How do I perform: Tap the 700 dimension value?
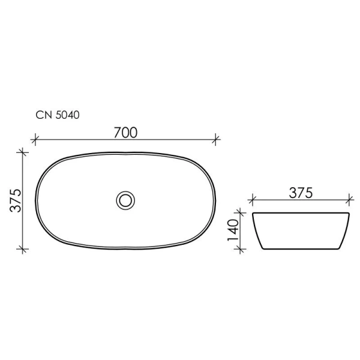pos(125,133)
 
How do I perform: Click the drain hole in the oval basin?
pos(125,199)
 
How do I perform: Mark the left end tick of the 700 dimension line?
pos(35,141)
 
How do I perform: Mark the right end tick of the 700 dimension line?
pos(217,141)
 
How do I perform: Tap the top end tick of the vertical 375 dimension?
pos(23,152)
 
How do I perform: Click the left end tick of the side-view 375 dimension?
pos(253,199)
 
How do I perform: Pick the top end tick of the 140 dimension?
pos(241,212)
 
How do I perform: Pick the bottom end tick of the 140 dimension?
pos(241,248)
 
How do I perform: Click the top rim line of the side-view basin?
pos(301,213)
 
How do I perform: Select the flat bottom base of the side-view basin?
pos(301,248)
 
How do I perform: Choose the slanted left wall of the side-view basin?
pos(257,231)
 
